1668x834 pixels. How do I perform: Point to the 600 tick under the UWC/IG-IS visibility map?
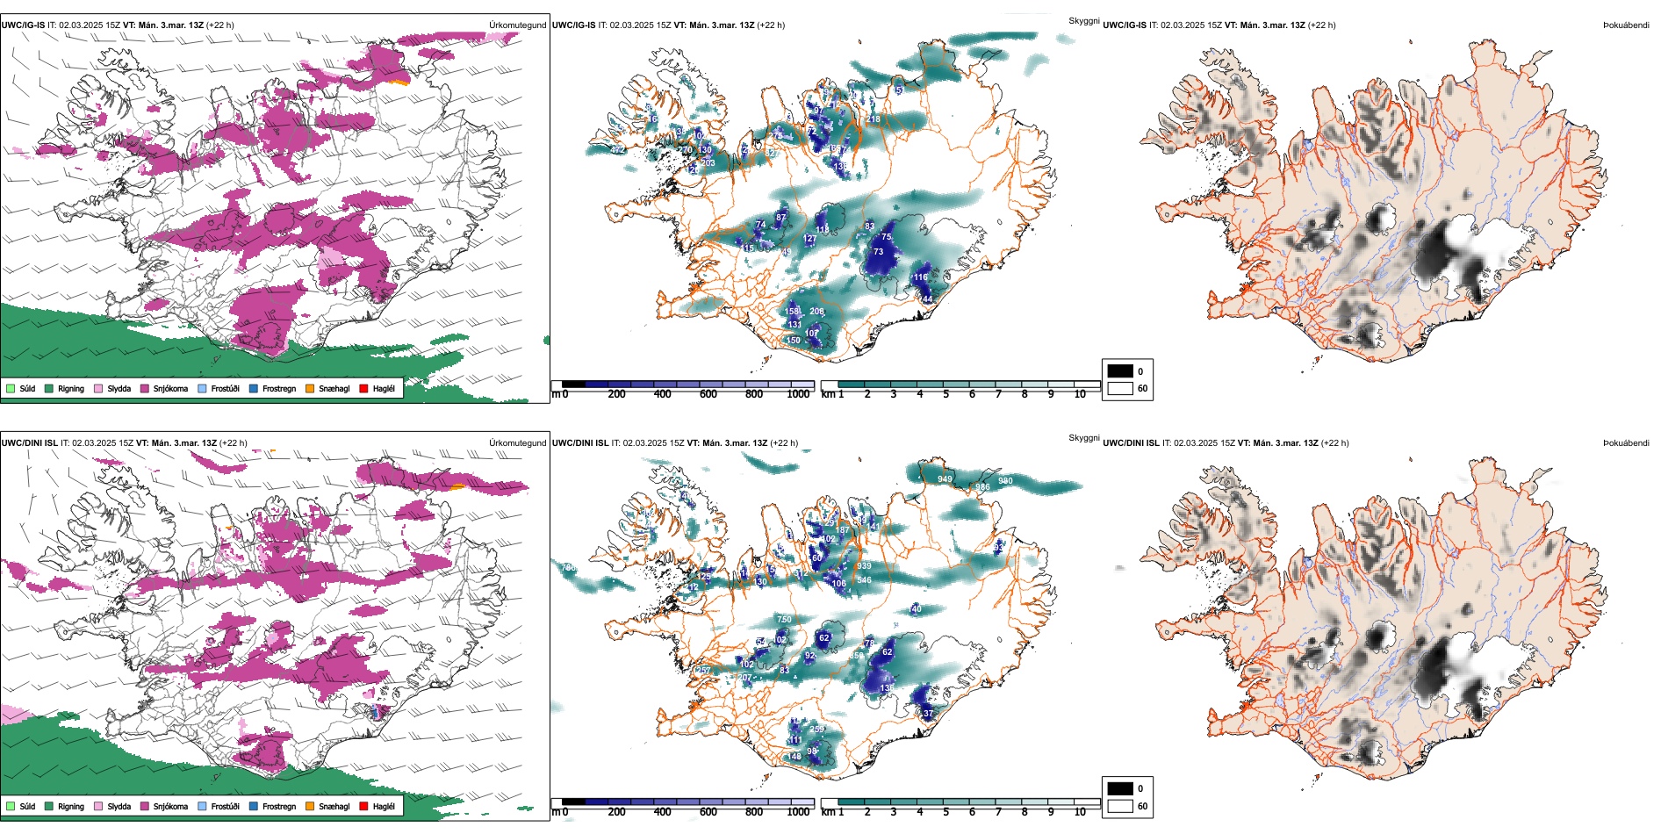[x=708, y=394]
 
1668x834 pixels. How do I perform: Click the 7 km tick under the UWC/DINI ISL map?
[x=998, y=812]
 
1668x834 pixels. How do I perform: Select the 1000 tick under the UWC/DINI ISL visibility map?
[x=798, y=812]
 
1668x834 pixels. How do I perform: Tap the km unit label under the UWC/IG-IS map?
[x=828, y=394]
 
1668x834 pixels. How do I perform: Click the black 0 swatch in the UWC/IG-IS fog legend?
[x=1120, y=371]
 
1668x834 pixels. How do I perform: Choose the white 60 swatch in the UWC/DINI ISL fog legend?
[x=1120, y=806]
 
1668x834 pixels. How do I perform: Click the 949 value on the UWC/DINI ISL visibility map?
[x=945, y=479]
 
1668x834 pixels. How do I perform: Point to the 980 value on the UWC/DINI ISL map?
[x=1005, y=481]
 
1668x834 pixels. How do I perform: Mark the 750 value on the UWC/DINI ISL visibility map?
[x=784, y=620]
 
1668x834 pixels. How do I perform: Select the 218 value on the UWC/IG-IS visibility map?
[x=874, y=119]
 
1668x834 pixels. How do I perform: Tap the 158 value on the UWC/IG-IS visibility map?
[x=792, y=312]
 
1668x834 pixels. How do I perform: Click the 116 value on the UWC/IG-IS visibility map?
[x=920, y=277]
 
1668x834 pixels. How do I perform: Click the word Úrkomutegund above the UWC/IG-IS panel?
[x=517, y=25]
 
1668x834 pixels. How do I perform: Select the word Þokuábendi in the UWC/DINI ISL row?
[x=1626, y=443]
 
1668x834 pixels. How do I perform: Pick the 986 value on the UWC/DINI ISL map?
[x=982, y=487]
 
